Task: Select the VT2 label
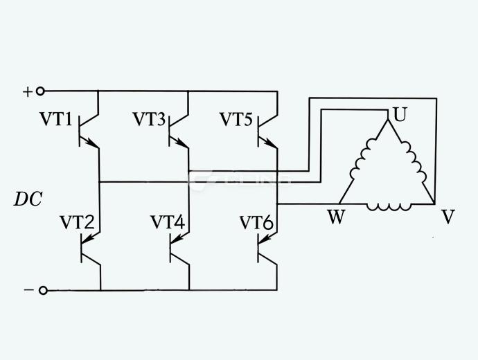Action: pyautogui.click(x=76, y=223)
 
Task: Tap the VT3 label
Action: pyautogui.click(x=149, y=120)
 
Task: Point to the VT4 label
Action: pyautogui.click(x=168, y=223)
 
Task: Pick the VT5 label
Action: pyautogui.click(x=236, y=120)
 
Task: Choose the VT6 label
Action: pyautogui.click(x=256, y=223)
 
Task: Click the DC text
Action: pyautogui.click(x=28, y=199)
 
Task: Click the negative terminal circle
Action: pyautogui.click(x=43, y=291)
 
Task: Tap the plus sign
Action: pyautogui.click(x=28, y=91)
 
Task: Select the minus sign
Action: pyautogui.click(x=28, y=291)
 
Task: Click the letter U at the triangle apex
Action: pyautogui.click(x=399, y=114)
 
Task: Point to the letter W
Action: pyautogui.click(x=336, y=217)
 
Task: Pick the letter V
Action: pyautogui.click(x=448, y=217)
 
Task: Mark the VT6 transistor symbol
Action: pyautogui.click(x=267, y=247)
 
